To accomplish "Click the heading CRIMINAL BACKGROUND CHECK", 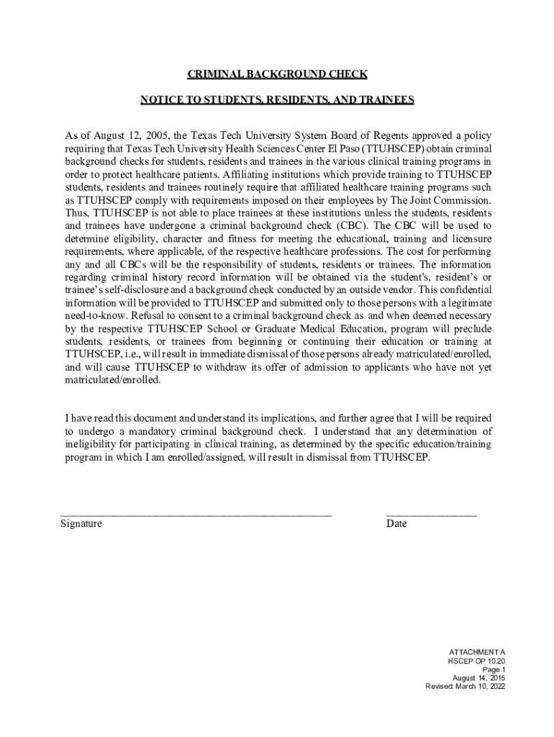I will (x=277, y=74).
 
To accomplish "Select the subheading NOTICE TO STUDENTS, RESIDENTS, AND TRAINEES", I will (x=277, y=100).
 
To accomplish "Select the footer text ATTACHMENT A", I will (x=477, y=651).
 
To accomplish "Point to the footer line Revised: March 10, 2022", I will (x=466, y=687).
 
